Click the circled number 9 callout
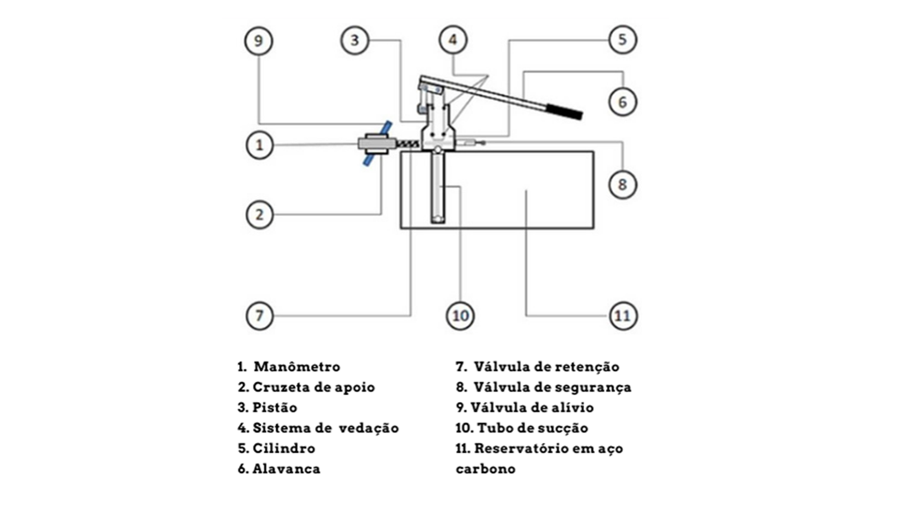pos(259,41)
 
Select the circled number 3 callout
pos(355,40)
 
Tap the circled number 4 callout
pos(453,40)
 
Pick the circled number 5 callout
pos(622,40)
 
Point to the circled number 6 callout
pos(622,102)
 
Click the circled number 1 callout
pos(259,145)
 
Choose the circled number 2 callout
pos(259,214)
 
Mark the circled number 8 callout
pos(622,185)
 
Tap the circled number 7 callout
pos(259,315)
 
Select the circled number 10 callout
pos(459,315)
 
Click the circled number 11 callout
pos(622,315)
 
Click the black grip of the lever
pos(564,111)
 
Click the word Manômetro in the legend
pos(297,367)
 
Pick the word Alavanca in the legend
pos(286,468)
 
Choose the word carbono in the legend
pos(486,469)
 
